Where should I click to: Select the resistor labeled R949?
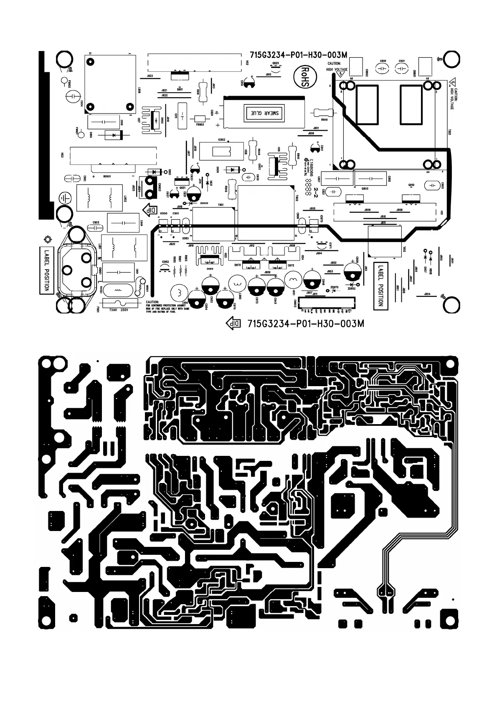coord(322,112)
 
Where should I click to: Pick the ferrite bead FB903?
coord(200,118)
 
